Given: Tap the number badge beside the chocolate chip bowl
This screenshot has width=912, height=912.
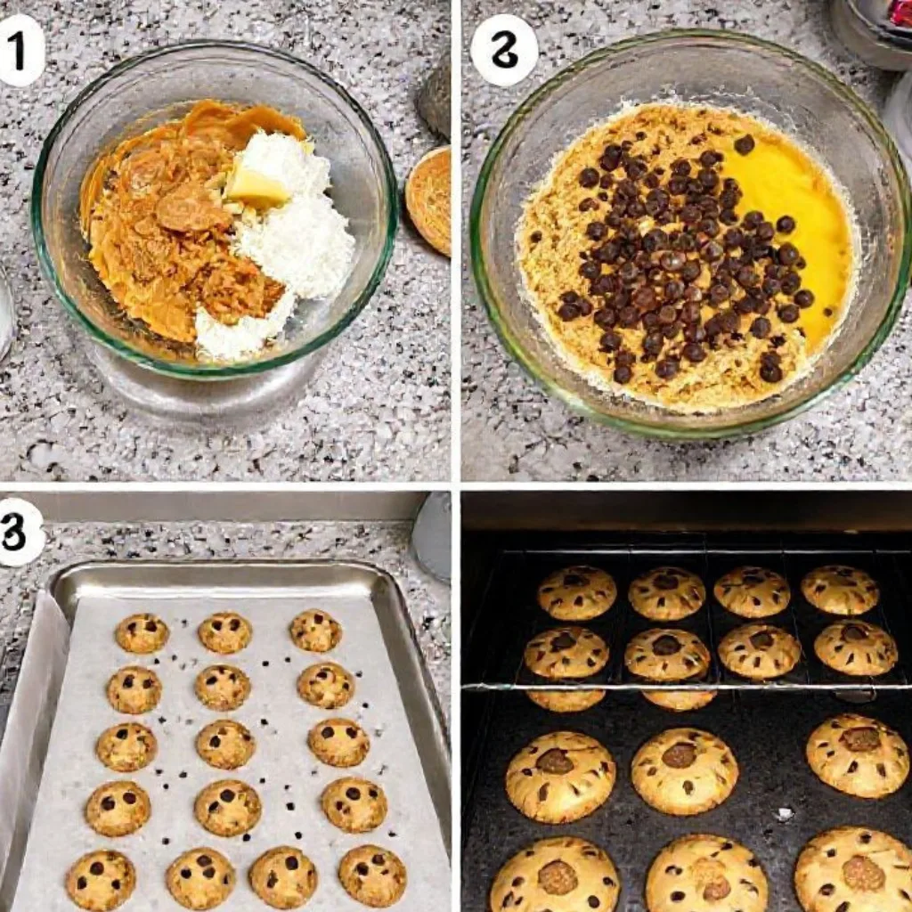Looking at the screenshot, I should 504,50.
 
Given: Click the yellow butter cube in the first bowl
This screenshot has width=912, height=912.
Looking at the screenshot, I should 256,187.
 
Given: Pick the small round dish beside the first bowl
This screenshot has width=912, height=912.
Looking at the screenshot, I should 429,199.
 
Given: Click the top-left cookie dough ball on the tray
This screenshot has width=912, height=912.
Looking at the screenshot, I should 142,633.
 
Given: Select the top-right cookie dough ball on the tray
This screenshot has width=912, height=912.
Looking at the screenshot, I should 315,631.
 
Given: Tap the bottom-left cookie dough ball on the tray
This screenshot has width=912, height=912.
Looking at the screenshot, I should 101,880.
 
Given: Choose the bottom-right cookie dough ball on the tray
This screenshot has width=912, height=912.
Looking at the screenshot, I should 372,875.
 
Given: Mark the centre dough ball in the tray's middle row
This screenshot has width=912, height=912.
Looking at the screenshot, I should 225,744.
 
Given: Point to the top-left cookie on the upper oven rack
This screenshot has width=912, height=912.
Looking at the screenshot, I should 577,592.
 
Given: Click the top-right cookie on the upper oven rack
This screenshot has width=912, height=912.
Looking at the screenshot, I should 839,590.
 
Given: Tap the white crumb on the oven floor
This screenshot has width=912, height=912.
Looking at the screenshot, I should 783,813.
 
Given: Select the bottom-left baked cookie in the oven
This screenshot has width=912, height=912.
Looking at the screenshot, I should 555,876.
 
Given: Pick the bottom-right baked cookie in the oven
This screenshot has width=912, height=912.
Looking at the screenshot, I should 854,871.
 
